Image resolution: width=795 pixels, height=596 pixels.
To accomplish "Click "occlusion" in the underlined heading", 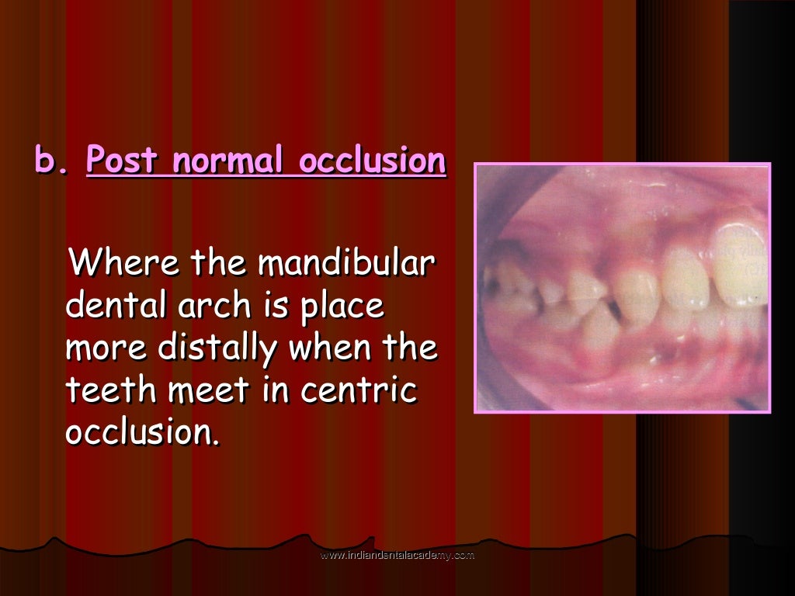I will coord(373,161).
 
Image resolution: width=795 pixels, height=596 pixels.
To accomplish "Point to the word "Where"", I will coord(125,264).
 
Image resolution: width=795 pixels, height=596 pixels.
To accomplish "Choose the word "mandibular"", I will coord(345,264).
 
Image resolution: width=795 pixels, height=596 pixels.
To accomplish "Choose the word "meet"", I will coord(210,390).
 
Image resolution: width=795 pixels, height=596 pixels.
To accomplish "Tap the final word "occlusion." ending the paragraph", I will coord(143,432).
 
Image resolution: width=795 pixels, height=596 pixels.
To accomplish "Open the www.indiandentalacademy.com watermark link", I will coord(397,556).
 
